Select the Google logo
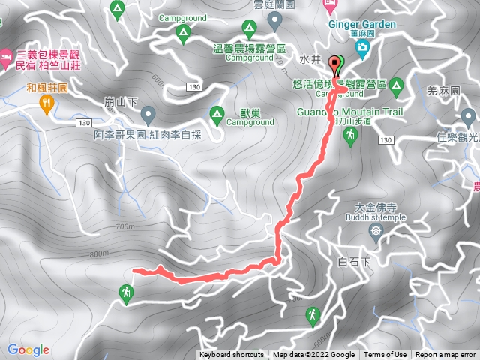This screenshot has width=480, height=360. pyautogui.click(x=28, y=349)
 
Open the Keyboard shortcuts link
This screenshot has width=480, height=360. pyautogui.click(x=231, y=355)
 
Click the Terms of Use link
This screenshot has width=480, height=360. pyautogui.click(x=385, y=355)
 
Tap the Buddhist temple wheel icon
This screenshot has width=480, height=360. pyautogui.click(x=376, y=229)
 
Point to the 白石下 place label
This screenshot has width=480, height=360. pyautogui.click(x=355, y=262)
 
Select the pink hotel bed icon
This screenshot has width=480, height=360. pyautogui.click(x=6, y=55)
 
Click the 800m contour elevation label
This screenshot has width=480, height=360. pyautogui.click(x=99, y=254)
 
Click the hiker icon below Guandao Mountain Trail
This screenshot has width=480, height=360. pyautogui.click(x=350, y=136)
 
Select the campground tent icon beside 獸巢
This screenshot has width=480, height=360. pyautogui.click(x=217, y=114)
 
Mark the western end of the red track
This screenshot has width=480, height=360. pyautogui.click(x=134, y=269)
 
